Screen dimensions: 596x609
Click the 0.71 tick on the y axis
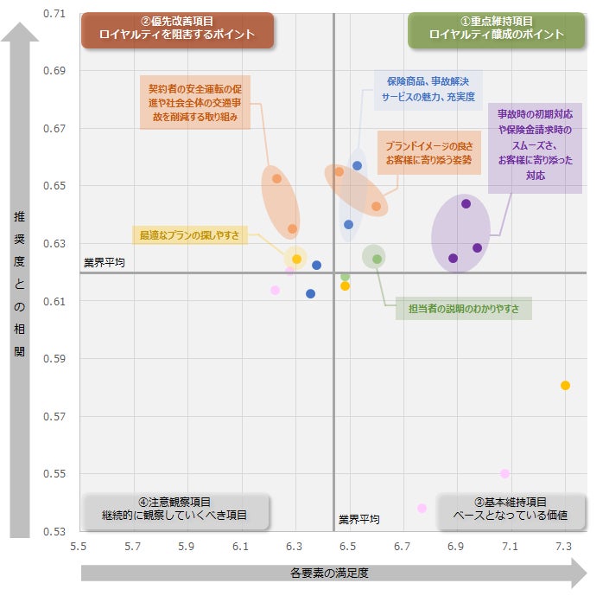point(54,14)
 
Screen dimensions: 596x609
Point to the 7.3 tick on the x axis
point(563,546)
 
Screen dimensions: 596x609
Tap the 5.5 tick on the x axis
point(79,546)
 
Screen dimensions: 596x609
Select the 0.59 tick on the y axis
point(54,358)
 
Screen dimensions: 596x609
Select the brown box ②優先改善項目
point(177,29)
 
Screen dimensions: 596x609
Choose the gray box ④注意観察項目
point(174,509)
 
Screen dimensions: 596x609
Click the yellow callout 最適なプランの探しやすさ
point(189,234)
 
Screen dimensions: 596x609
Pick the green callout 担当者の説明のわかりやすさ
point(463,308)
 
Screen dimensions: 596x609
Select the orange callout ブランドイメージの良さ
point(428,154)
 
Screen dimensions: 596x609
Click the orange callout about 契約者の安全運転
point(193,102)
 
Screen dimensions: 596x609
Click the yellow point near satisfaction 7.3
point(565,386)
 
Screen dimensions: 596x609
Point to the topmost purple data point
point(466,204)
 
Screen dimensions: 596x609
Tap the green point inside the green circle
point(377,259)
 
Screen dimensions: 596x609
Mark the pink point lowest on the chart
point(422,509)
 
